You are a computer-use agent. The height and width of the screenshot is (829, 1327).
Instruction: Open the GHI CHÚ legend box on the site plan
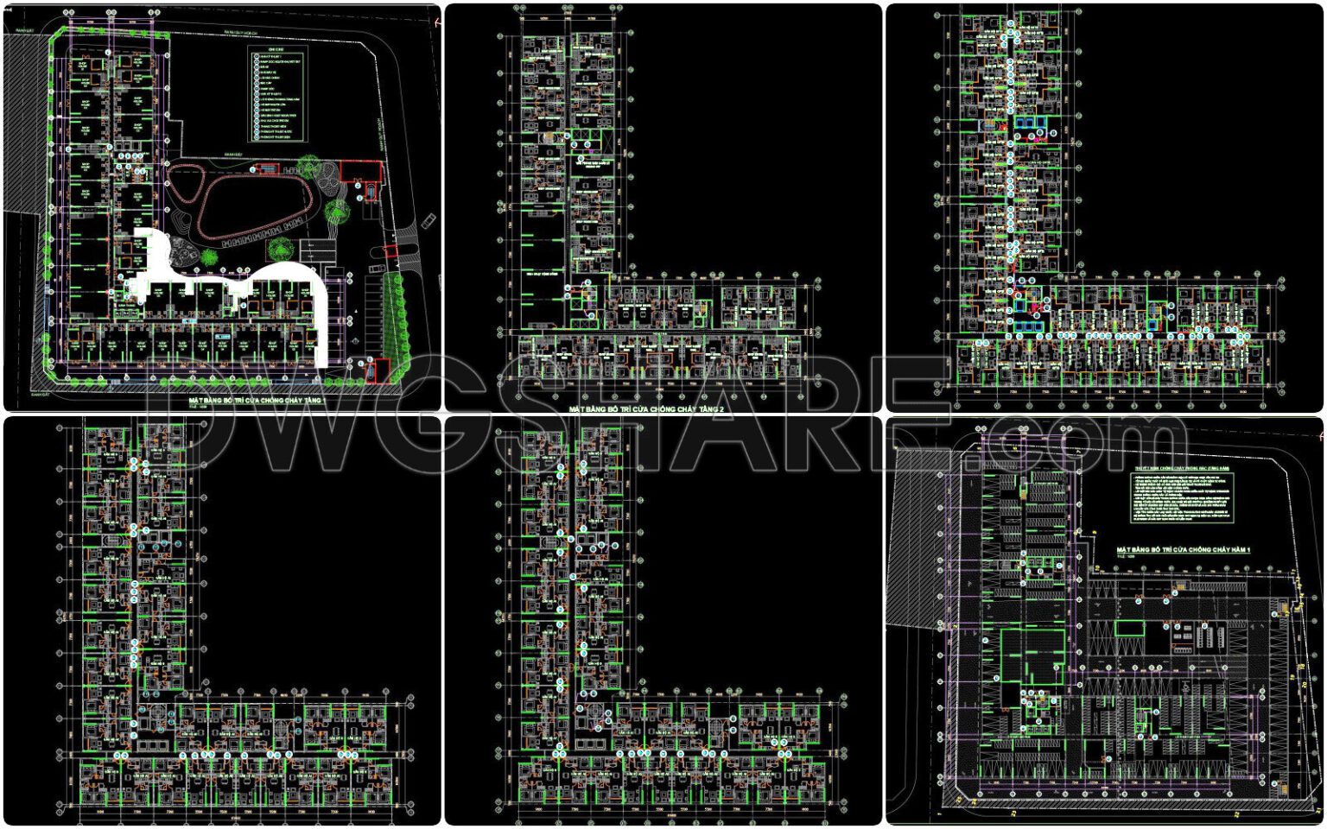(277, 95)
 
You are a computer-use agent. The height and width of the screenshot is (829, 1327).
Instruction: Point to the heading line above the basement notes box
(1182, 467)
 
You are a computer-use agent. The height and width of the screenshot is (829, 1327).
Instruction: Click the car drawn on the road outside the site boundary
(428, 223)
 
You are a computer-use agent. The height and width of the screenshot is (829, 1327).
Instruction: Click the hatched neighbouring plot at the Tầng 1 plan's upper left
(21, 121)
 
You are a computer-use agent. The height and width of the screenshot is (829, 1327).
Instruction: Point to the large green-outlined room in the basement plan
(1032, 656)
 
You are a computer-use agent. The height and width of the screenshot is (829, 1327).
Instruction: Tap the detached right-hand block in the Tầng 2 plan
(758, 306)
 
